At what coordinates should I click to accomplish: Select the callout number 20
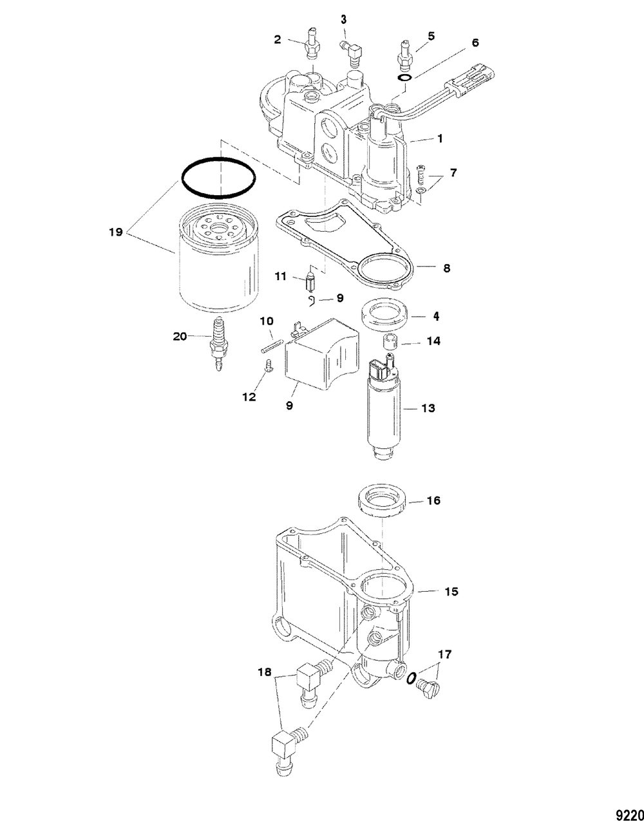(x=181, y=335)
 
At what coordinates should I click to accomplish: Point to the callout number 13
(x=428, y=408)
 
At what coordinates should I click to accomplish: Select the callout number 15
(x=451, y=590)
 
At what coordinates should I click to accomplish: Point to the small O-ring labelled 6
(x=404, y=79)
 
